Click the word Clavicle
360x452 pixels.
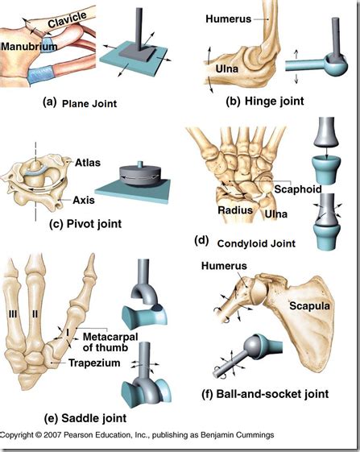(68, 19)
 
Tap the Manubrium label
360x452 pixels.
(29, 47)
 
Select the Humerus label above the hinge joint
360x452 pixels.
(229, 19)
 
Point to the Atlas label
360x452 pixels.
(88, 163)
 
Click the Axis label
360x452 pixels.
(84, 200)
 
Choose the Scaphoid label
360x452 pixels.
(298, 189)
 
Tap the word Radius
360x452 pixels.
(235, 210)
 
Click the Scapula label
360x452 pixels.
(309, 306)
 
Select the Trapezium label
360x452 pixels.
(94, 363)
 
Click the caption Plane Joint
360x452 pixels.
(89, 104)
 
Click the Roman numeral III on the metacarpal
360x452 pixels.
(13, 314)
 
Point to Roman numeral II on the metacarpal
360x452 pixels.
(35, 314)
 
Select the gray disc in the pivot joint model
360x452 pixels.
(139, 175)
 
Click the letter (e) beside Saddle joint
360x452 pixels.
(51, 418)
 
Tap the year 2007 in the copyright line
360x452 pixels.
(52, 435)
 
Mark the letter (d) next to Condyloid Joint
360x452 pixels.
(201, 240)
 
